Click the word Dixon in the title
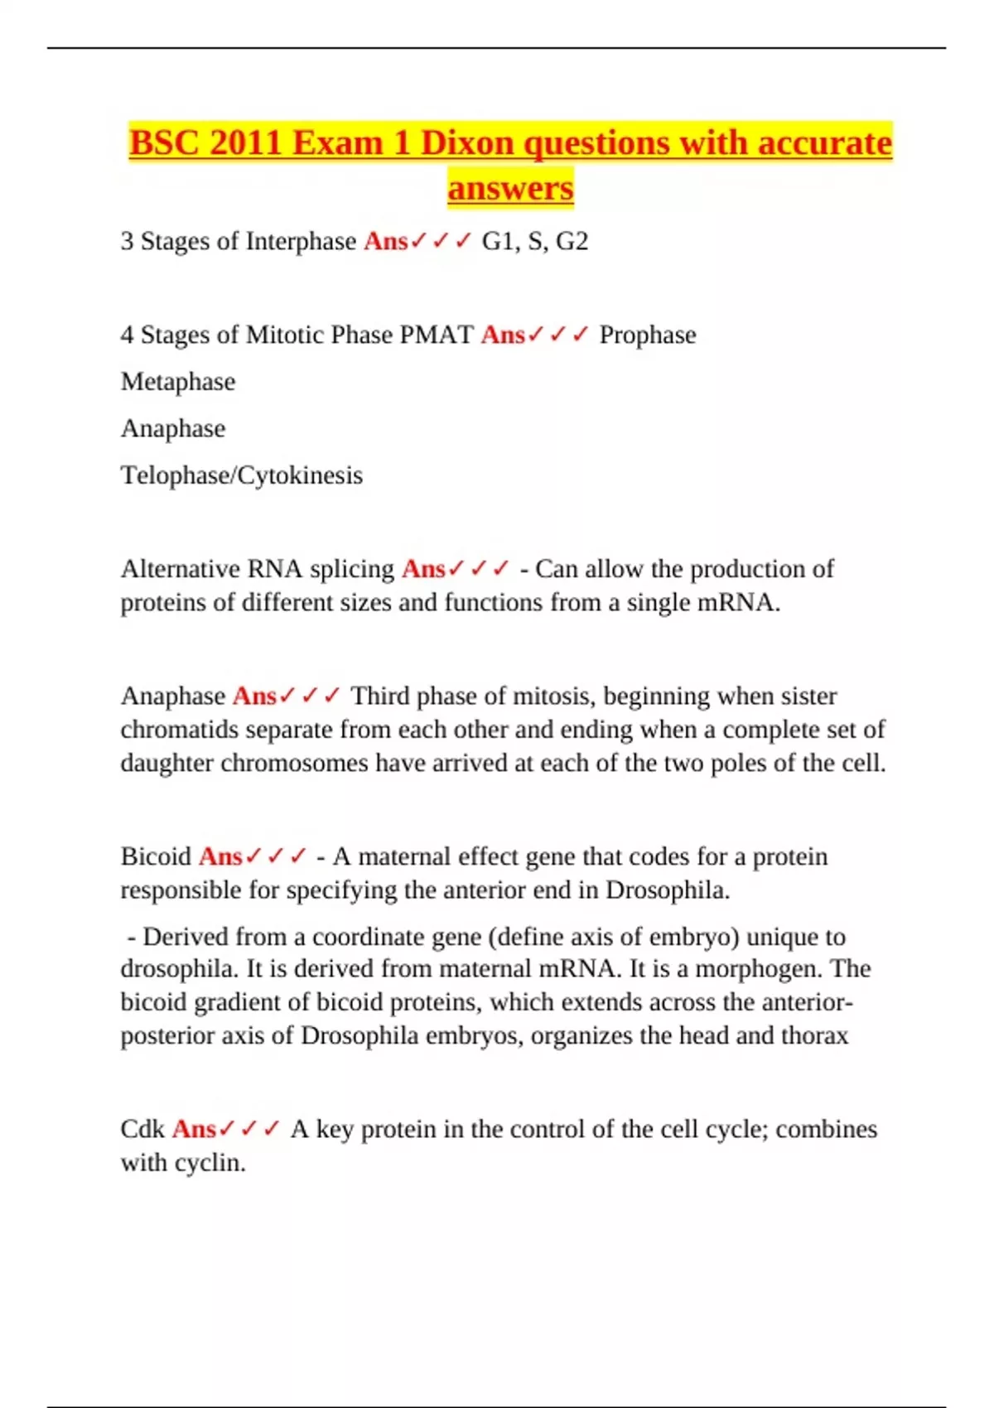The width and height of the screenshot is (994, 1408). pos(467,143)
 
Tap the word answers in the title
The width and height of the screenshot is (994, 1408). pos(510,188)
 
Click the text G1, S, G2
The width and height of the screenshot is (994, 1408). pos(535,241)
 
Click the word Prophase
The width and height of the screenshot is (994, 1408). pos(648,335)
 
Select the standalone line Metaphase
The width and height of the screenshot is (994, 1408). pos(178,382)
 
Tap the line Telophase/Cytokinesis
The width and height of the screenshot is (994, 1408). pos(242,475)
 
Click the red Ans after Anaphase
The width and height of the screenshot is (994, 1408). pos(254,696)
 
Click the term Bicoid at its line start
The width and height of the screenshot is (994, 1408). pos(156,856)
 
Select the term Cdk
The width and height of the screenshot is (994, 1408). pos(142,1129)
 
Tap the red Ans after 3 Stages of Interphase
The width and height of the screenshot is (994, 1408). pos(386,241)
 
